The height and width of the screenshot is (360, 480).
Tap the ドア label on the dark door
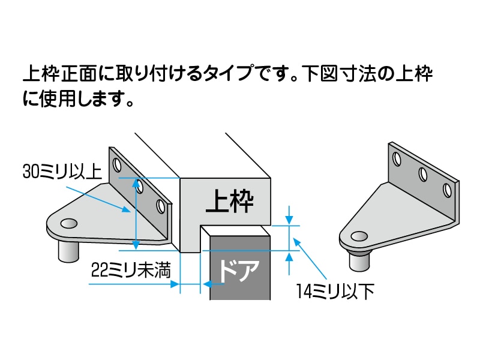(x=237, y=271)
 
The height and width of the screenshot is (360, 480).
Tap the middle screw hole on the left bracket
(x=139, y=186)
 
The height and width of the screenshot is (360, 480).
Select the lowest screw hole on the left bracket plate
(x=160, y=206)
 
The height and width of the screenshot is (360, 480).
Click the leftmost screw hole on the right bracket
(x=397, y=159)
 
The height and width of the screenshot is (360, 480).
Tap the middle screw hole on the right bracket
(x=422, y=174)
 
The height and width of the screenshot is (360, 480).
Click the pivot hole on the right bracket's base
(x=359, y=236)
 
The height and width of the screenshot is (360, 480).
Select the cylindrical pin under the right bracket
(x=359, y=262)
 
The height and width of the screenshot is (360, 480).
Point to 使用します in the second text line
(x=84, y=98)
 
